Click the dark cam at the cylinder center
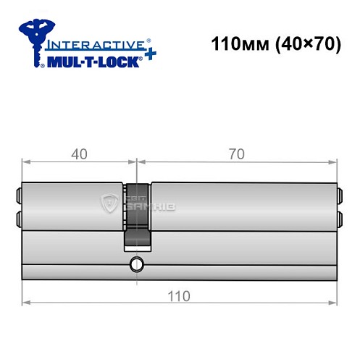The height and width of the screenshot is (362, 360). pyautogui.click(x=138, y=214)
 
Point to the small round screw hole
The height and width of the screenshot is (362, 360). pyautogui.click(x=135, y=264)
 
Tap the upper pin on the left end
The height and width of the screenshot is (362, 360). pyautogui.click(x=18, y=195)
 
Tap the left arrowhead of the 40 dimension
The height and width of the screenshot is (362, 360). pyautogui.click(x=25, y=161)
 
